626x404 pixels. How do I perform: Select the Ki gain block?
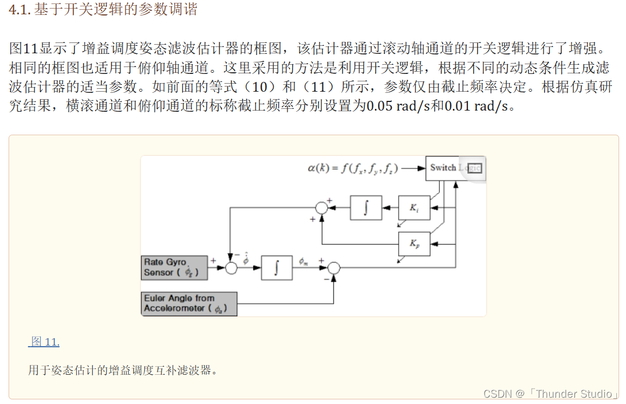414,207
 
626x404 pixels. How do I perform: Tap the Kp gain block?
414,244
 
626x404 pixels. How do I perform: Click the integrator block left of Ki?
365,207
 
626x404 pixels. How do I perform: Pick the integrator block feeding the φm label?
277,268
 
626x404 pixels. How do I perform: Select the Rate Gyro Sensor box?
174,268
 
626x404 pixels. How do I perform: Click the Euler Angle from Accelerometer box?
189,304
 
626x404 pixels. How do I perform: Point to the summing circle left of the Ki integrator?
322,208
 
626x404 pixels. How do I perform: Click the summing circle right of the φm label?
333,268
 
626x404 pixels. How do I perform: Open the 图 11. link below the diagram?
45,342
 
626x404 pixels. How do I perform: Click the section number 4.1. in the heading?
20,10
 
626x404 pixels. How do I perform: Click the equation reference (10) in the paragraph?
265,87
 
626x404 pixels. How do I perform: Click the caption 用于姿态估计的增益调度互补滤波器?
123,370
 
